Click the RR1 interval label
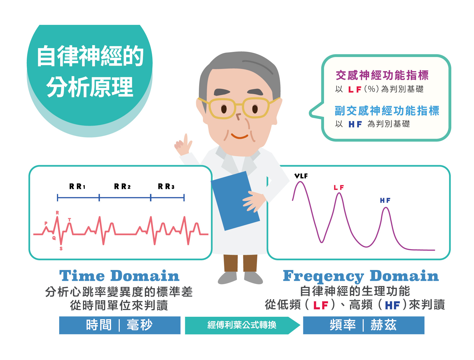coord(77,186)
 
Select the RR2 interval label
coord(122,186)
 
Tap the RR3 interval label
coord(166,186)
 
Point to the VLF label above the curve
coord(301,176)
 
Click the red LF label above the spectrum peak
coord(339,187)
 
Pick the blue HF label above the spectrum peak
coord(385,200)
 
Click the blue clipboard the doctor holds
coord(235,201)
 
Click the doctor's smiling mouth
coord(239,136)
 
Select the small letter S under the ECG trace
coord(61,248)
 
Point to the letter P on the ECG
coord(46,223)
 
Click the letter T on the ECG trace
coord(69,220)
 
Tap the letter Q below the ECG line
coord(54,238)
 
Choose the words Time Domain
coord(119,276)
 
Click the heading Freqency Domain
coord(361,276)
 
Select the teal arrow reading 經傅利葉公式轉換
coord(242,325)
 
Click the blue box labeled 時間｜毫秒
coord(120,325)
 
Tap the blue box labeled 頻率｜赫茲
coord(364,325)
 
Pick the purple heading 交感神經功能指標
coord(382,75)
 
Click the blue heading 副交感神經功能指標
coord(387,111)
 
